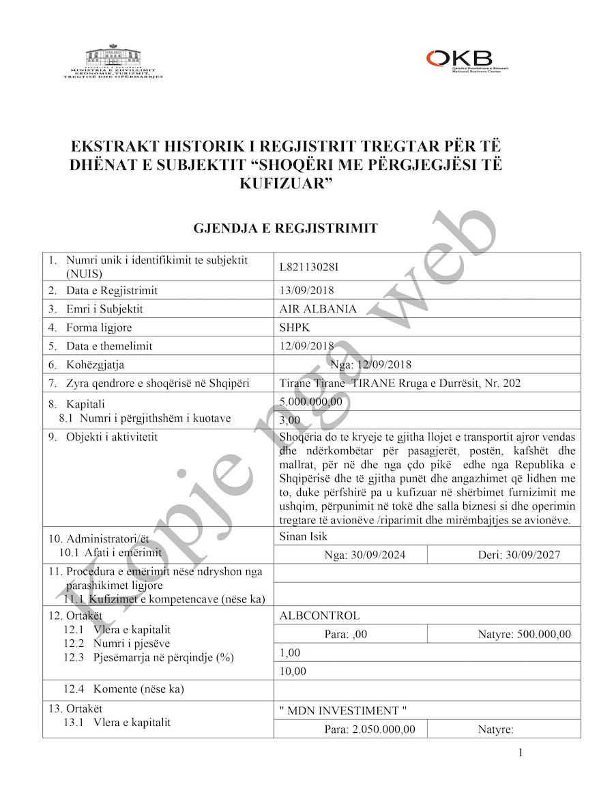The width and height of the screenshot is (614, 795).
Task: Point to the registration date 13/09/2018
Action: [x=307, y=290]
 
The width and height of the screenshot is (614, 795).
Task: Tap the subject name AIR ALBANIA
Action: [x=318, y=308]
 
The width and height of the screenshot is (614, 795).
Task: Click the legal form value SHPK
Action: [x=295, y=327]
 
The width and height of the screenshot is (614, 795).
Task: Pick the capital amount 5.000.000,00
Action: [x=311, y=402]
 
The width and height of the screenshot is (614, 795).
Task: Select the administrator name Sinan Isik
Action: [x=303, y=536]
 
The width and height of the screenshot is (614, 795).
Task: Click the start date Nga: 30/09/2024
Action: [x=366, y=555]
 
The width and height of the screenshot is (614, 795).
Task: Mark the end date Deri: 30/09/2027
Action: [x=520, y=555]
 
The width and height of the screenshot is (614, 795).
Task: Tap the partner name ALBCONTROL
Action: [x=319, y=616]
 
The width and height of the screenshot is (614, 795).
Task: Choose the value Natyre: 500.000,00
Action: [x=525, y=635]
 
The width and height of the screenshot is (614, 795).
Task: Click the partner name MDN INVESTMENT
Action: [x=348, y=711]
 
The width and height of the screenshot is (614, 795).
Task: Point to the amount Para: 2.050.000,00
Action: [x=370, y=729]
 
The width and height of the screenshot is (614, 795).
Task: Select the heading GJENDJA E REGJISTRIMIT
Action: [x=286, y=228]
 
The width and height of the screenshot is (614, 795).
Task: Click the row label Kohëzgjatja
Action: [x=95, y=364]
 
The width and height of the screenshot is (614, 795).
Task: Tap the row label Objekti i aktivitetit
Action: [x=112, y=437]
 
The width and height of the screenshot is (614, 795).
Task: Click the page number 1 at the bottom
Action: [x=521, y=753]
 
